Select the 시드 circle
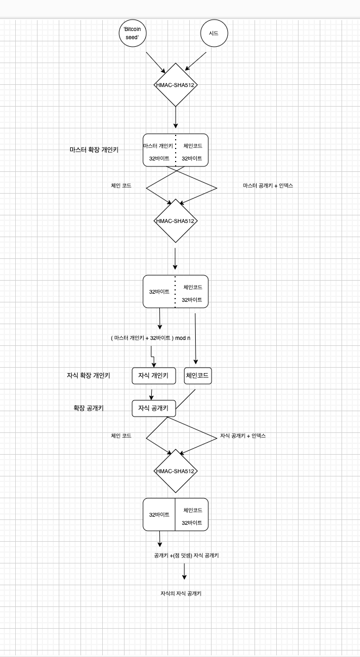(214, 34)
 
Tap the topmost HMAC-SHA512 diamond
(176, 85)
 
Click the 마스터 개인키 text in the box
(159, 146)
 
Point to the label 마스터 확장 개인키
(94, 149)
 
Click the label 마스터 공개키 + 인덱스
(268, 185)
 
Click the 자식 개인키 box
(153, 376)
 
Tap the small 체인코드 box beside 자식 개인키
(198, 376)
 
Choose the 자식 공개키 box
(153, 408)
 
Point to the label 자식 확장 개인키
(88, 375)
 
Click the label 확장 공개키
(90, 408)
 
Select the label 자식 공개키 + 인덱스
(243, 436)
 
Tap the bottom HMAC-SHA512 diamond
(176, 471)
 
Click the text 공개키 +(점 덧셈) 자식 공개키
(187, 556)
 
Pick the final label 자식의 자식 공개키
(181, 593)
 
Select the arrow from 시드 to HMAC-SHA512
(196, 61)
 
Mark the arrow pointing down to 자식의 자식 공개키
(184, 572)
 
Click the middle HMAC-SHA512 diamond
(176, 221)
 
